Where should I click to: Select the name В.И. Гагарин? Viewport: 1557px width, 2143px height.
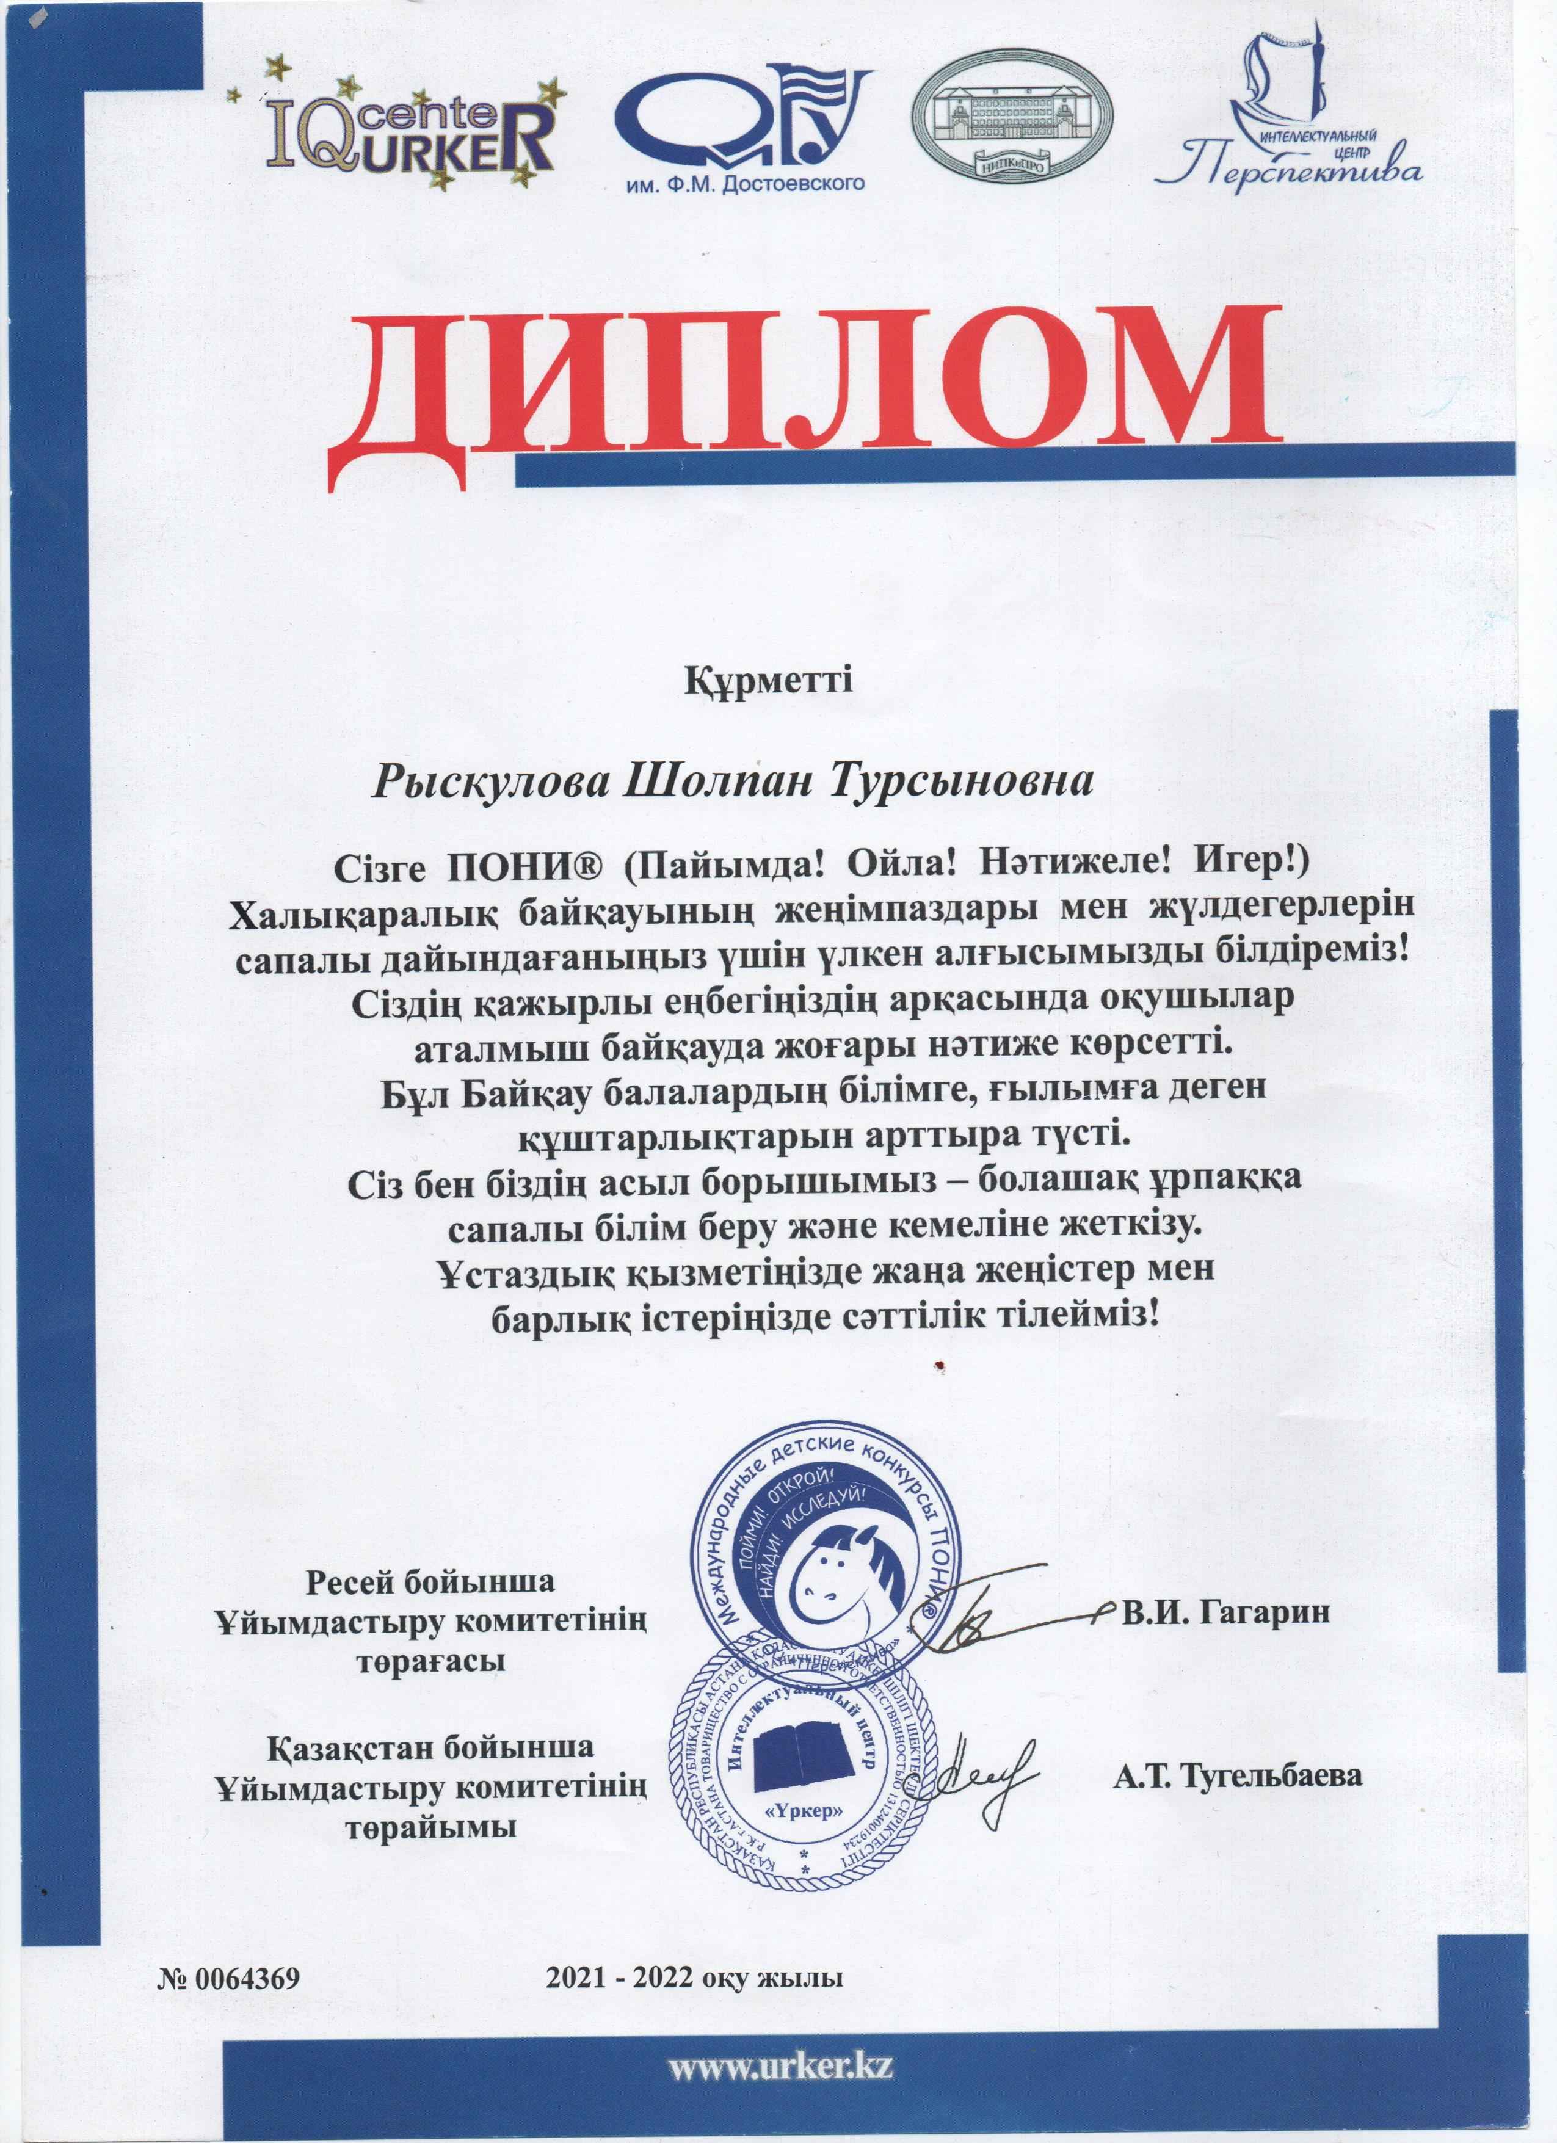(1225, 1610)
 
